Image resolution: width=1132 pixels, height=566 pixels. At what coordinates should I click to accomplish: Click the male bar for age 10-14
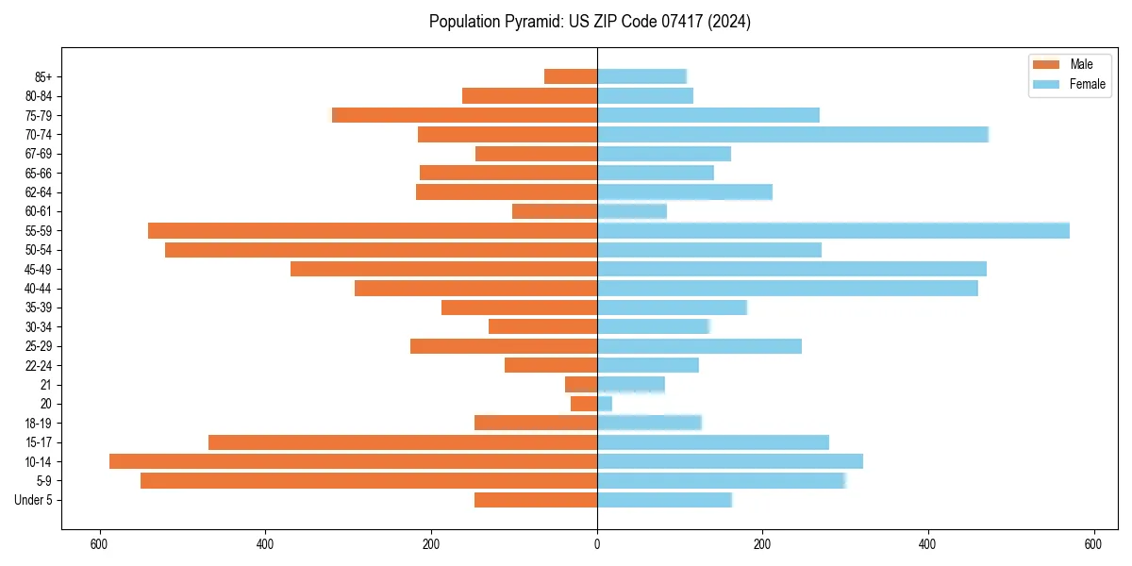coord(354,461)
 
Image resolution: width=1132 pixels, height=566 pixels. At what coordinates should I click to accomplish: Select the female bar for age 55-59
coord(833,230)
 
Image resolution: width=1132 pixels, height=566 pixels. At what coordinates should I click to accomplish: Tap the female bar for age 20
coord(605,404)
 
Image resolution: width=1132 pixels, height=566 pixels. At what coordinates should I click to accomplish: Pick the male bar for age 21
coord(581,384)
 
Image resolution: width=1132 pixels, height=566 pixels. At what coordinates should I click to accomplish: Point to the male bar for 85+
coord(571,76)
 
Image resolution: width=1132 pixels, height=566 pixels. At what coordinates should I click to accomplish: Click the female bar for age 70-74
coord(792,134)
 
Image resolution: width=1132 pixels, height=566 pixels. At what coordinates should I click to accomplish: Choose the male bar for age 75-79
coord(464,115)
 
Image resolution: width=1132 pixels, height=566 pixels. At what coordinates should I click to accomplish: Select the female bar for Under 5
coord(664,500)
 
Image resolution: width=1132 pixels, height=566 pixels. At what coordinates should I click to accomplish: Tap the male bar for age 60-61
coord(555,211)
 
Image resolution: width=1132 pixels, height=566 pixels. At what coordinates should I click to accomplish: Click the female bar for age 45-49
coord(791,269)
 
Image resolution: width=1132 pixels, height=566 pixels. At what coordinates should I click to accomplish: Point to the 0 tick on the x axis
coord(597,544)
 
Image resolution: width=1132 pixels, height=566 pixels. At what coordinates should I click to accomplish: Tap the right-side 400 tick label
coord(928,544)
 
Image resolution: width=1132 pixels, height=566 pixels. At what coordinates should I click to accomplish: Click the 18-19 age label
coord(39,423)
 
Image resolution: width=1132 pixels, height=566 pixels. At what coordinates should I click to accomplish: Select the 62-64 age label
coord(39,191)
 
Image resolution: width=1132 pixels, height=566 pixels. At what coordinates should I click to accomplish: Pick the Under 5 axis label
coord(34,500)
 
